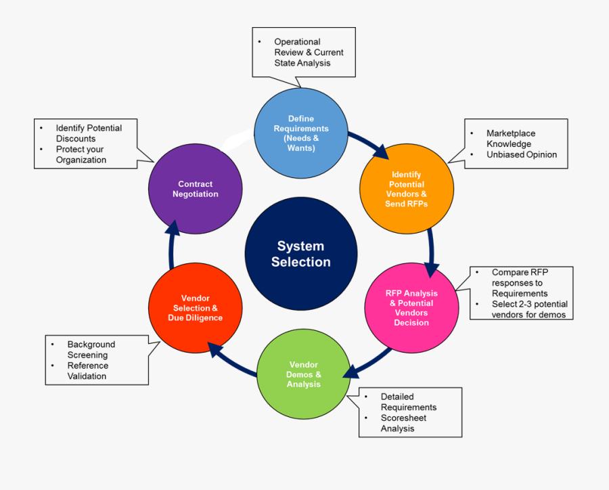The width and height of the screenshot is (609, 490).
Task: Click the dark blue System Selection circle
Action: (301, 254)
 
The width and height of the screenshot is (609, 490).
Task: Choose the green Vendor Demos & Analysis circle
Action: (303, 374)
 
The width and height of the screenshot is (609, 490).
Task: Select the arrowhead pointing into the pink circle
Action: (431, 268)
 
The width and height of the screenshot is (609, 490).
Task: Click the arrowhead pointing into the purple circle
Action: (173, 227)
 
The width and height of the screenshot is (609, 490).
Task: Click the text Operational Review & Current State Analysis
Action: (309, 52)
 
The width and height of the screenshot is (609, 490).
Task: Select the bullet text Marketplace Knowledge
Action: (510, 138)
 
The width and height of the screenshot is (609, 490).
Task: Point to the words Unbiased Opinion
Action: (521, 154)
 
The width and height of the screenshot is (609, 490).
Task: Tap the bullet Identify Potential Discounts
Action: (88, 133)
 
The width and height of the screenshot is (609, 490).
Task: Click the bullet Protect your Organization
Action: (81, 154)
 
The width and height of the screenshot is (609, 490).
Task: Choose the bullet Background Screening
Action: (91, 349)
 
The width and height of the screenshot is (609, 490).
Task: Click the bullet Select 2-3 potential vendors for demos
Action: (529, 309)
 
